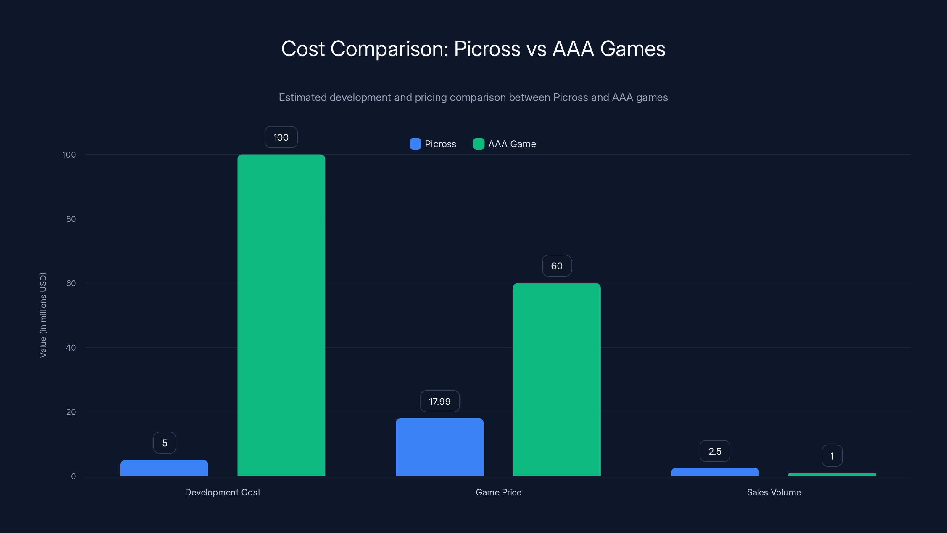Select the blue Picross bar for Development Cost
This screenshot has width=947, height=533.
pos(164,468)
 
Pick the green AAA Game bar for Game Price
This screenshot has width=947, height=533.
pos(557,379)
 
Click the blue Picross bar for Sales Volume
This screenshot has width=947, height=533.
pos(715,472)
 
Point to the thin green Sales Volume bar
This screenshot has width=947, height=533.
pos(832,474)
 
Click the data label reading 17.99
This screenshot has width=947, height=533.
pos(440,401)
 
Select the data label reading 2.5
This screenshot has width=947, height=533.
pos(715,451)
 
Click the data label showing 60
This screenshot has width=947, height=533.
pos(557,266)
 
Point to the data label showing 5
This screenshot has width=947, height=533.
pos(165,443)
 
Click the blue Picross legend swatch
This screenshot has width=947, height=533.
pos(415,144)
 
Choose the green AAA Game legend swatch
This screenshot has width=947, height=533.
pos(478,144)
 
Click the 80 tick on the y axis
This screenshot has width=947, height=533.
pos(71,219)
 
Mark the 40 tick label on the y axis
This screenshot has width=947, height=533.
pos(71,348)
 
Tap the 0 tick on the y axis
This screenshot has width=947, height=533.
pos(73,476)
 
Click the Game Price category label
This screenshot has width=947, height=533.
pos(498,492)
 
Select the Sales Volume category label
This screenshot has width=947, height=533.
pos(774,492)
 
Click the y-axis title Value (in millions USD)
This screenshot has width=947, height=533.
pos(43,315)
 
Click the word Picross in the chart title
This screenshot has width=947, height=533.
pos(487,49)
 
